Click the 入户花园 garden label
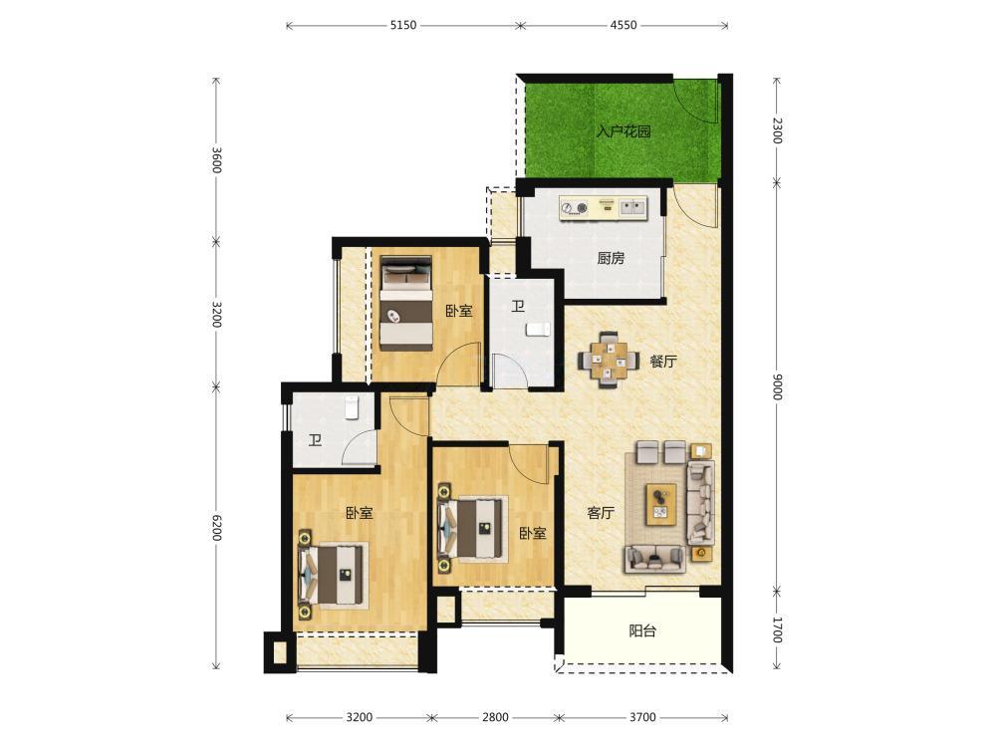click(x=623, y=132)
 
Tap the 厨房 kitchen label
click(x=611, y=258)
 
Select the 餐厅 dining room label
click(x=662, y=362)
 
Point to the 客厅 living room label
click(x=601, y=513)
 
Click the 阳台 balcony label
click(x=642, y=630)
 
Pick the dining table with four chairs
click(x=609, y=361)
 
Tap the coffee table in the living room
click(x=661, y=504)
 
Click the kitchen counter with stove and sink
click(x=603, y=208)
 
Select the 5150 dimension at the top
click(x=402, y=26)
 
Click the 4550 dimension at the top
click(x=623, y=26)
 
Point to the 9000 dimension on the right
click(x=777, y=386)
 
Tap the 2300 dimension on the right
click(x=777, y=130)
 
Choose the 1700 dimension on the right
click(x=777, y=629)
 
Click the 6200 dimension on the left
click(x=216, y=527)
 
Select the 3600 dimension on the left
click(x=216, y=160)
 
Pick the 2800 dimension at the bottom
click(x=495, y=718)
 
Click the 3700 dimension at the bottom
click(x=642, y=718)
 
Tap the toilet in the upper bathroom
click(x=539, y=330)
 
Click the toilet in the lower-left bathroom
click(x=352, y=407)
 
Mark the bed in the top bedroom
click(x=406, y=303)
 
